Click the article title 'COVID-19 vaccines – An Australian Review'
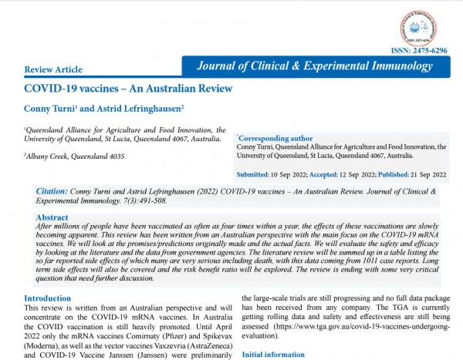pos(128,89)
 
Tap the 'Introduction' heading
pos(48,298)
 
